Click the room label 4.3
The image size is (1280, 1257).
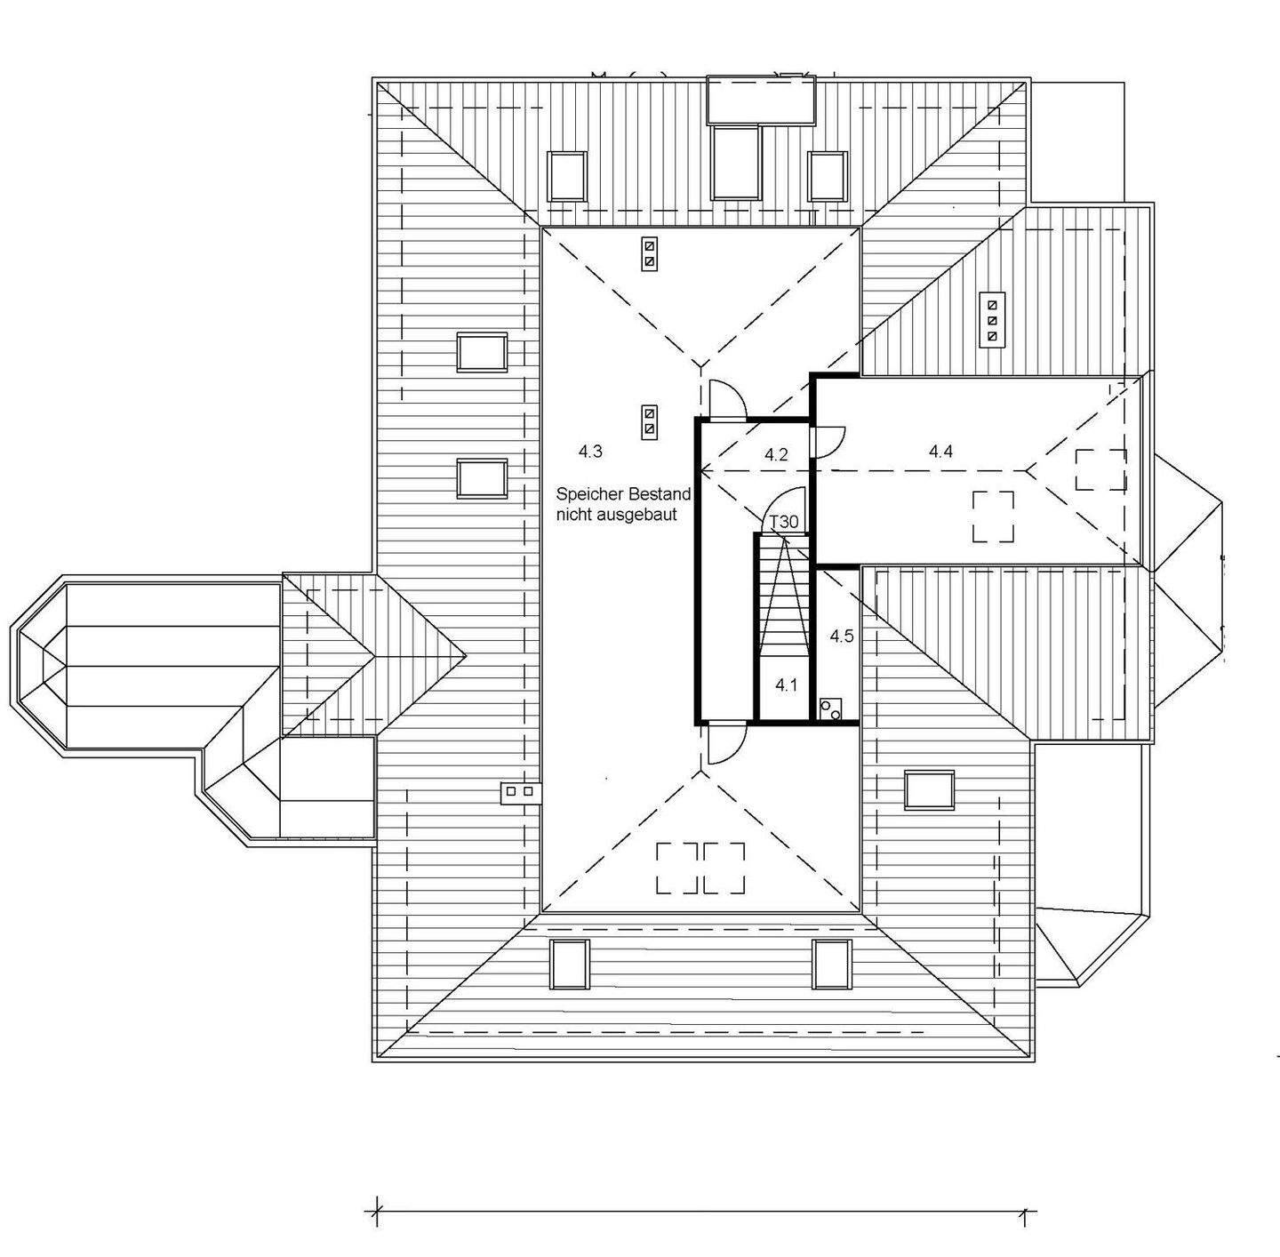click(590, 452)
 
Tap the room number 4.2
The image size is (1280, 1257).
click(776, 455)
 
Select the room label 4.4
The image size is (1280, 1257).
click(940, 452)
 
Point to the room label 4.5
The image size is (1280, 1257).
click(842, 637)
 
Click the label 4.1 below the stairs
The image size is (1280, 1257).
click(786, 685)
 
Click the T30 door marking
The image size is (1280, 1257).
click(783, 522)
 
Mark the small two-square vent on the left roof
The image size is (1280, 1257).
click(519, 790)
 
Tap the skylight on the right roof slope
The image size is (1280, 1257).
click(930, 790)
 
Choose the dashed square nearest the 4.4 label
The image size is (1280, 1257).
click(993, 516)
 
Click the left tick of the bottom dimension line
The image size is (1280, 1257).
click(377, 1211)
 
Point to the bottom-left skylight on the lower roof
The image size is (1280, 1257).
click(569, 964)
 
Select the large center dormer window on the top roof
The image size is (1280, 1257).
click(737, 164)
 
